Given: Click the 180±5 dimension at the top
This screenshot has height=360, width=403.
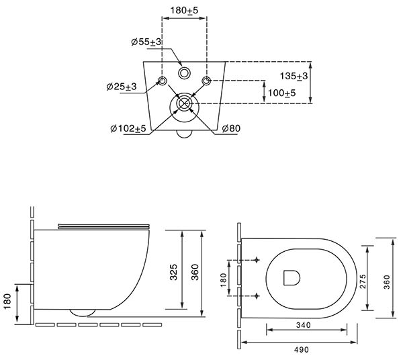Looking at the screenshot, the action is (184, 11).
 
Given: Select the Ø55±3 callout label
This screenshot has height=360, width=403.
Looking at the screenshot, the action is (146, 42).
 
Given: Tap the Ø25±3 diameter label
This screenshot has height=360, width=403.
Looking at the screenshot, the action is (122, 87).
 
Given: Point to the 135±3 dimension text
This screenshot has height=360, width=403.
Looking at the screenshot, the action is (294, 76).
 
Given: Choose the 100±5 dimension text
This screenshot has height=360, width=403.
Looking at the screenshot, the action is (281, 93).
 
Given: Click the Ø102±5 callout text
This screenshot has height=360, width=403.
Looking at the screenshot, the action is (128, 128).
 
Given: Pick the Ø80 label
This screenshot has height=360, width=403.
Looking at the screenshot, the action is (231, 128).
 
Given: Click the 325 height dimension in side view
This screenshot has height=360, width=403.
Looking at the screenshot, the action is (173, 272).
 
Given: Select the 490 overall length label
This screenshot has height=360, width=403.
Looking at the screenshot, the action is (302, 349).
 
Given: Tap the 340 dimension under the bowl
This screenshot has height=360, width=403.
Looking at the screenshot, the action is (304, 325).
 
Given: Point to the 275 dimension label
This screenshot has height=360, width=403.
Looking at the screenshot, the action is (363, 281).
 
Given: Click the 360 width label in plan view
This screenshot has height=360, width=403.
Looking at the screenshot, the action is (387, 282).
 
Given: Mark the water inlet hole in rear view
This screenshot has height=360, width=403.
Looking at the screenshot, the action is (184, 73).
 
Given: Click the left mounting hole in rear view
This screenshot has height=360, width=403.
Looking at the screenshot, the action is (163, 81).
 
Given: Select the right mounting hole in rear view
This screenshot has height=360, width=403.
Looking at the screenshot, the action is (206, 81).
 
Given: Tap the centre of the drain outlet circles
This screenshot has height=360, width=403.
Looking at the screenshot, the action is (184, 103).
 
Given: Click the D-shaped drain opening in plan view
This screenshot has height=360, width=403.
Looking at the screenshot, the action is (292, 278).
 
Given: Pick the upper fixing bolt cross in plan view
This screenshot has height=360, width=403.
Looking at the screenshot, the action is (257, 260).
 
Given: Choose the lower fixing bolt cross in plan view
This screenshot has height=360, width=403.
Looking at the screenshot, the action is (257, 296).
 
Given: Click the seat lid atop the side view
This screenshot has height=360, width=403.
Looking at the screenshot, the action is (103, 226).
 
